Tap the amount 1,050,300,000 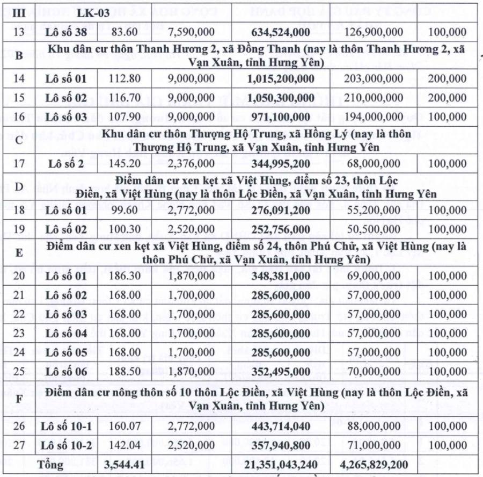click(281, 98)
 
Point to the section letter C click(19, 140)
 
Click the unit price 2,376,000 click(192, 164)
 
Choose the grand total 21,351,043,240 click(280, 465)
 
